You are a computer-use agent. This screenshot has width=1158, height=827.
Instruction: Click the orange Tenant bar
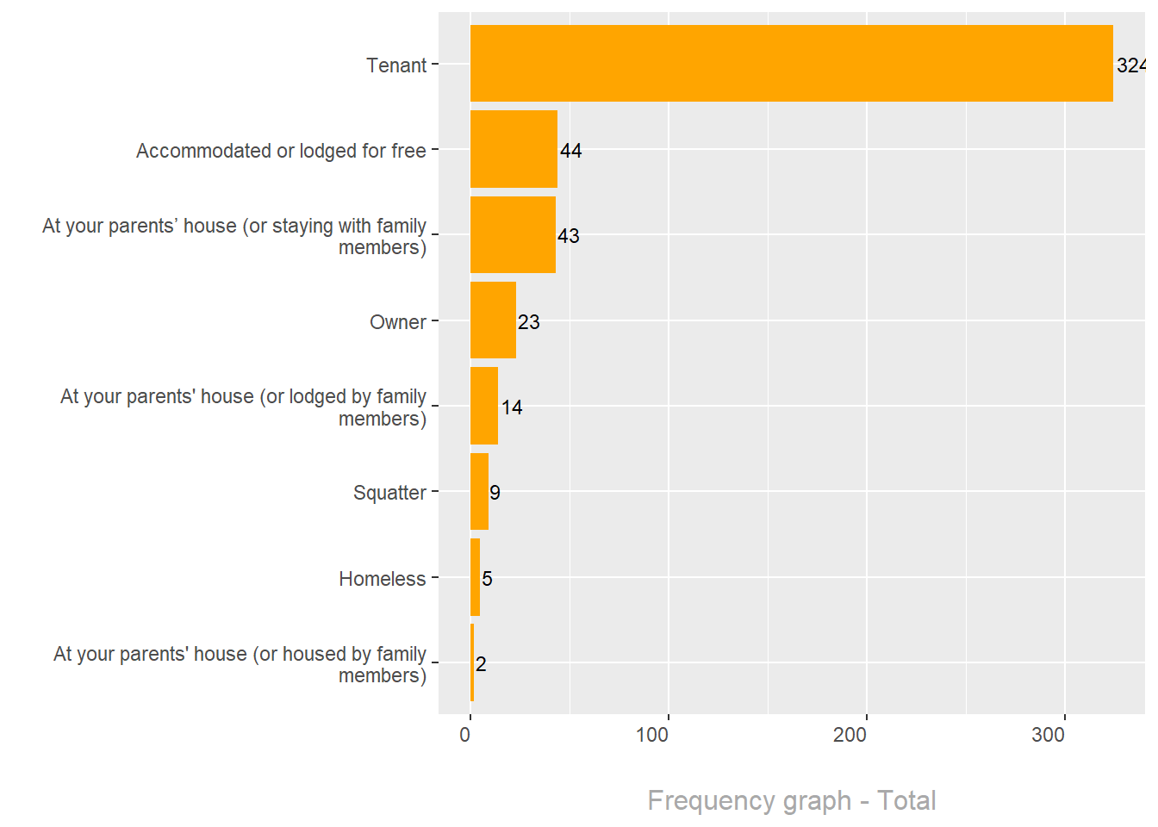791,63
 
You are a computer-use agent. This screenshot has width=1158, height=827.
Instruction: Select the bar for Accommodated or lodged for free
514,149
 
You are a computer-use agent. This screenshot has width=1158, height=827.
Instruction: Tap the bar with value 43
513,234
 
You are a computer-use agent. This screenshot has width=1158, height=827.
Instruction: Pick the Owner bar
493,320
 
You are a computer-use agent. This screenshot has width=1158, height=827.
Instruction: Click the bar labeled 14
483,406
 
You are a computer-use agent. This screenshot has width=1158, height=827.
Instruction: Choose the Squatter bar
479,491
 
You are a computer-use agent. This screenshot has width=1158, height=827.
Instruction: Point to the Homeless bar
475,577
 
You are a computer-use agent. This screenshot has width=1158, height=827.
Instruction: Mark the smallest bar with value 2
472,662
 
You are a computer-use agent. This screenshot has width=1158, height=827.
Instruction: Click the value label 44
570,151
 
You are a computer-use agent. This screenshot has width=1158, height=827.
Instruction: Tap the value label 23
528,322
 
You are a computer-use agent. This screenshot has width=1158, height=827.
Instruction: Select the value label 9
495,493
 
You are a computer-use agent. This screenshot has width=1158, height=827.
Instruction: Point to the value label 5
487,579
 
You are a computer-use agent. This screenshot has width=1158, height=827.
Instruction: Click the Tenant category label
396,65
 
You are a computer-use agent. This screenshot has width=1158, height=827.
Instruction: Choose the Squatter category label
389,493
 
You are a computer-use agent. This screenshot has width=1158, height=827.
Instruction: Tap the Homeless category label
383,579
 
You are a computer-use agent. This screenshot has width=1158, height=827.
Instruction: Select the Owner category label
398,322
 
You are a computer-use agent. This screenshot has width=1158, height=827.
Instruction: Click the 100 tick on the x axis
652,735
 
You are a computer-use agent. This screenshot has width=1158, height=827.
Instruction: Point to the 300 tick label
1049,735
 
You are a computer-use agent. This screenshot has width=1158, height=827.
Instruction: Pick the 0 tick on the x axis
465,735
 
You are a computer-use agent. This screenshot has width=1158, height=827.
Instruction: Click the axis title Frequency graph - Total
791,800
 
